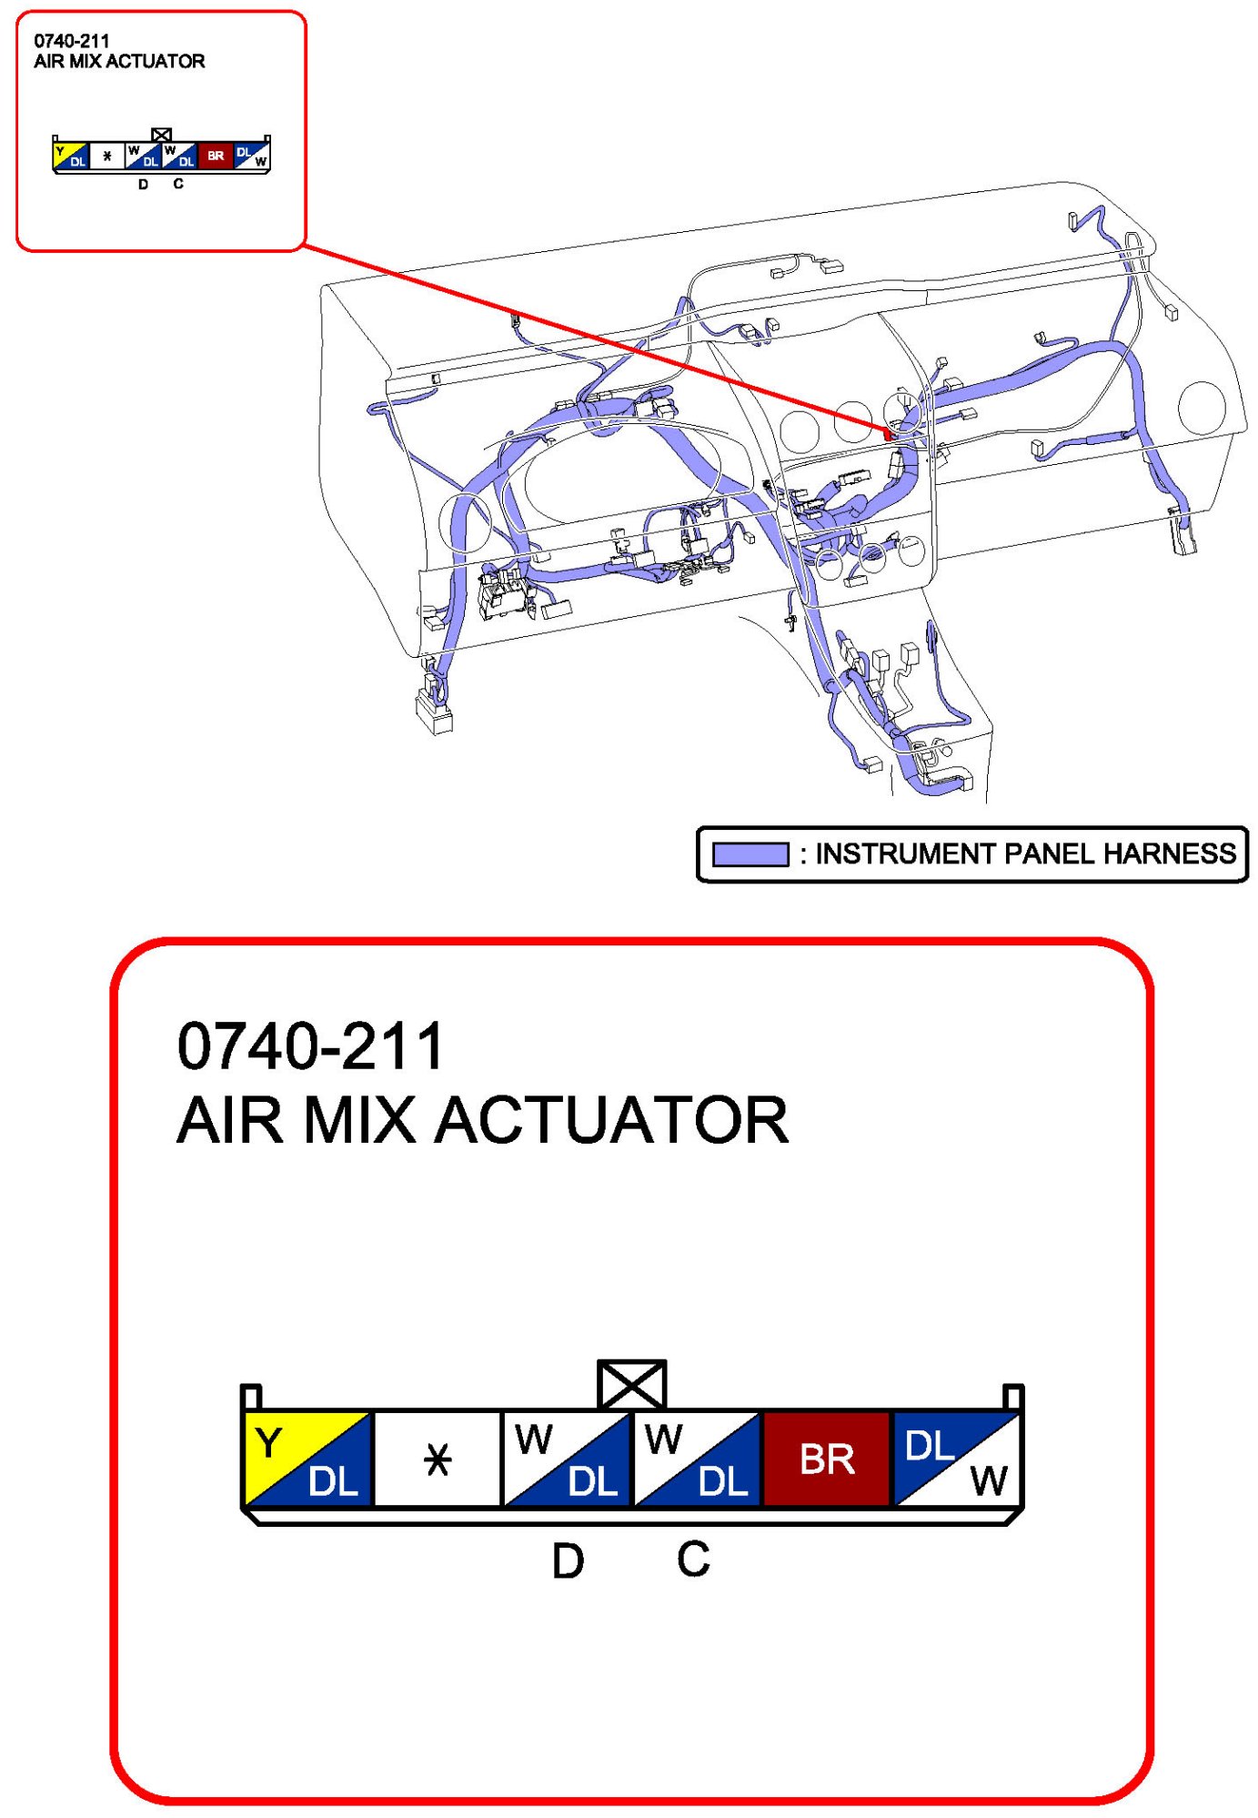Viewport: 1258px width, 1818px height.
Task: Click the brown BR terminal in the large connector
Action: [x=826, y=1459]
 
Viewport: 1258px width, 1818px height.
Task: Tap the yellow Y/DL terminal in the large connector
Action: [x=308, y=1459]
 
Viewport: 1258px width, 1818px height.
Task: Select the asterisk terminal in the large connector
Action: [x=438, y=1459]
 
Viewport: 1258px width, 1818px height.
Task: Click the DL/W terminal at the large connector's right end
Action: [x=956, y=1459]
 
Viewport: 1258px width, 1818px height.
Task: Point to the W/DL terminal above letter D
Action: [x=567, y=1459]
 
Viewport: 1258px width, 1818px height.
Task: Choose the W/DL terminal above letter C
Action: [x=697, y=1459]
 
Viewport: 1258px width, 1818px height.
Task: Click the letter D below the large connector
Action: [x=569, y=1561]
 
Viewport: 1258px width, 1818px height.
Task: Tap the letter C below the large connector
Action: [x=693, y=1559]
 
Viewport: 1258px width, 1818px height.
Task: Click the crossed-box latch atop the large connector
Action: [x=631, y=1385]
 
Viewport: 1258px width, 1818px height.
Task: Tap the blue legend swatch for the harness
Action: [x=750, y=854]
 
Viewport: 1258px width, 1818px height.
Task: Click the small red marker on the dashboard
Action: [x=888, y=434]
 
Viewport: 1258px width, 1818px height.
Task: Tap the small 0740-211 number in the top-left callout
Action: [x=72, y=41]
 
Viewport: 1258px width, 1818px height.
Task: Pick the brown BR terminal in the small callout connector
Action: [x=216, y=156]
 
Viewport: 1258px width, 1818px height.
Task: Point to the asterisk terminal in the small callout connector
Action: [x=107, y=156]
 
